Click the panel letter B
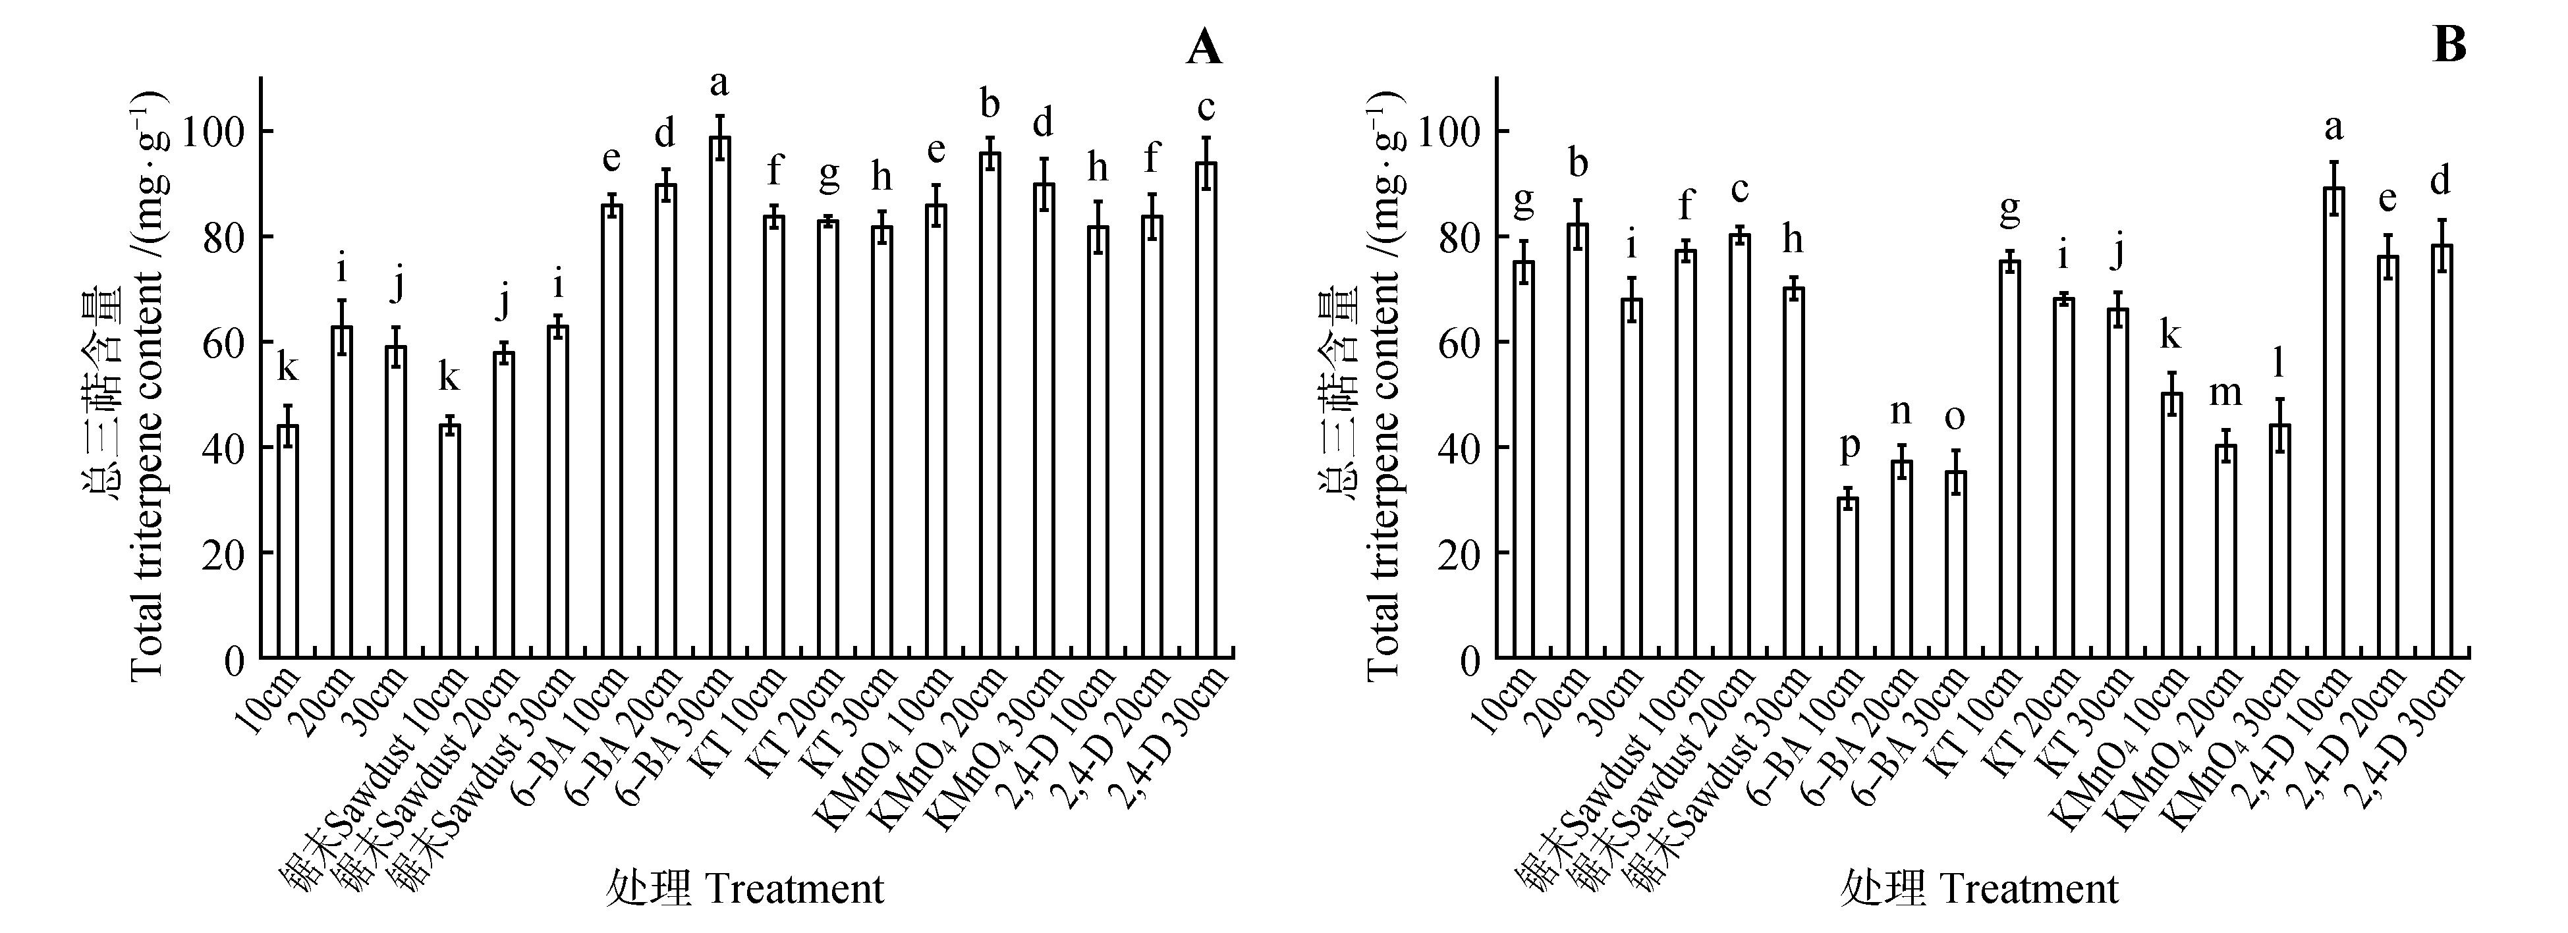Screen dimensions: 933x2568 coord(2449,45)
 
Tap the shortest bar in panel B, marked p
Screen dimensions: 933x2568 coord(1848,577)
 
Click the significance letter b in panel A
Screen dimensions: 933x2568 coord(990,103)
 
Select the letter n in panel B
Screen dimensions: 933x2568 coord(1902,411)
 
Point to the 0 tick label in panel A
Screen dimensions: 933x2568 coord(233,659)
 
